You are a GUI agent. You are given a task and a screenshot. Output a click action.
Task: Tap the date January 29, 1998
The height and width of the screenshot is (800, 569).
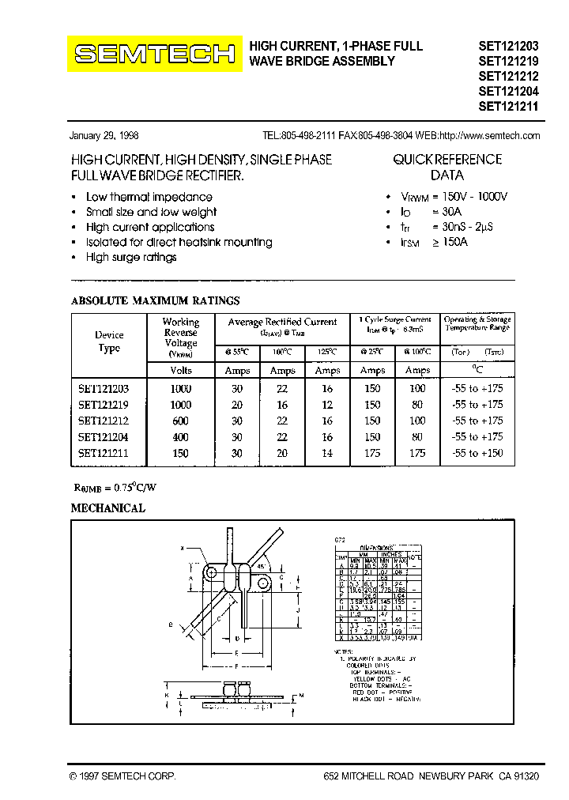pyautogui.click(x=104, y=135)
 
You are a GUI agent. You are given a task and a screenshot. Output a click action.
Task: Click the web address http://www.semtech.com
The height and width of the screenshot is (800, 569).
pyautogui.click(x=489, y=135)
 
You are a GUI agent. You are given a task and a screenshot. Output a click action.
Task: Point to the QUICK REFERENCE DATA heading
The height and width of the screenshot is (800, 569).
pyautogui.click(x=447, y=167)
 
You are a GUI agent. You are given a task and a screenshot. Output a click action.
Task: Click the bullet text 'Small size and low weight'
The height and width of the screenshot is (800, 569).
pyautogui.click(x=151, y=212)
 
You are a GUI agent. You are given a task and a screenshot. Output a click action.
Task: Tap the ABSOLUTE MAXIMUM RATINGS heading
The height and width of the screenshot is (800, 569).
pyautogui.click(x=155, y=300)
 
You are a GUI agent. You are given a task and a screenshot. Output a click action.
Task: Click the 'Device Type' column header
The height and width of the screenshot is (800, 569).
pyautogui.click(x=109, y=342)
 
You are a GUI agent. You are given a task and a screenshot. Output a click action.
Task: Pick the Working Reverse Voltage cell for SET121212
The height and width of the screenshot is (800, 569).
pyautogui.click(x=180, y=421)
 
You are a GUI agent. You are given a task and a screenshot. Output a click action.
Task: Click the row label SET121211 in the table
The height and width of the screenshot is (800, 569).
pyautogui.click(x=104, y=453)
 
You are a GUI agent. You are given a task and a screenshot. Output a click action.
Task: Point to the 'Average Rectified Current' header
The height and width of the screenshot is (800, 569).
pyautogui.click(x=282, y=322)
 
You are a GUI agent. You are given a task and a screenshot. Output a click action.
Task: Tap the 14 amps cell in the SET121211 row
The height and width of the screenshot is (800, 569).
pyautogui.click(x=327, y=453)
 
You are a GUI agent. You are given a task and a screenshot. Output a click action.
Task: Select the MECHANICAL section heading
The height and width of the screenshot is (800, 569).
pyautogui.click(x=108, y=508)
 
